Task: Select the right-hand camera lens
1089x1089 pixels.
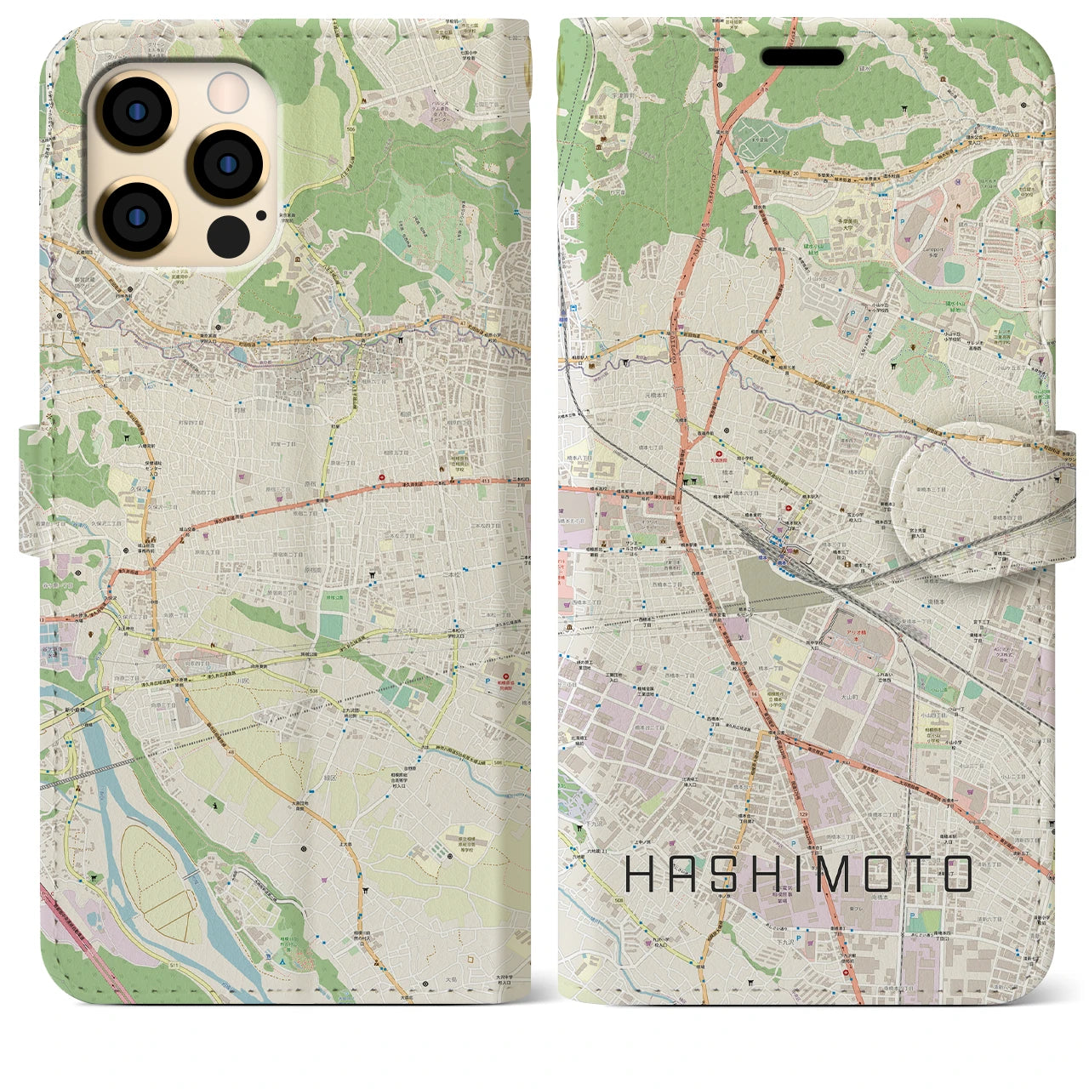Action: coord(227,163)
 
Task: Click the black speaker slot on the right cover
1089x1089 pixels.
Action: coord(801,57)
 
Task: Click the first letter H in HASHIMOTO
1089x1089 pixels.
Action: coord(640,874)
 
